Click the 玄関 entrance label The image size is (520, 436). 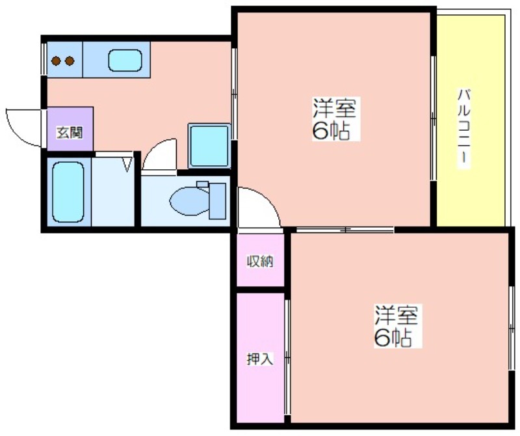[70, 133]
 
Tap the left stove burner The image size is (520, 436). [56, 61]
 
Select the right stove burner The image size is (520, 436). [70, 61]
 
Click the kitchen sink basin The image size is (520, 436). [125, 61]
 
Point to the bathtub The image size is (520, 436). [68, 191]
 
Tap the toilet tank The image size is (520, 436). [217, 201]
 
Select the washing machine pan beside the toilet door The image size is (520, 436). [209, 146]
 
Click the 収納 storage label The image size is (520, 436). [260, 262]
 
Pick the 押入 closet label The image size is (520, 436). [260, 359]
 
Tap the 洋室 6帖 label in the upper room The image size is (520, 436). [335, 118]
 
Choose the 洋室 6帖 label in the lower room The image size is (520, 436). [396, 325]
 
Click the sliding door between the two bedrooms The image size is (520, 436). [345, 230]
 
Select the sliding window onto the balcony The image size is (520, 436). [433, 118]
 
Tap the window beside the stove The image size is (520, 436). [44, 59]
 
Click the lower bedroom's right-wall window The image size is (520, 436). [511, 328]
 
